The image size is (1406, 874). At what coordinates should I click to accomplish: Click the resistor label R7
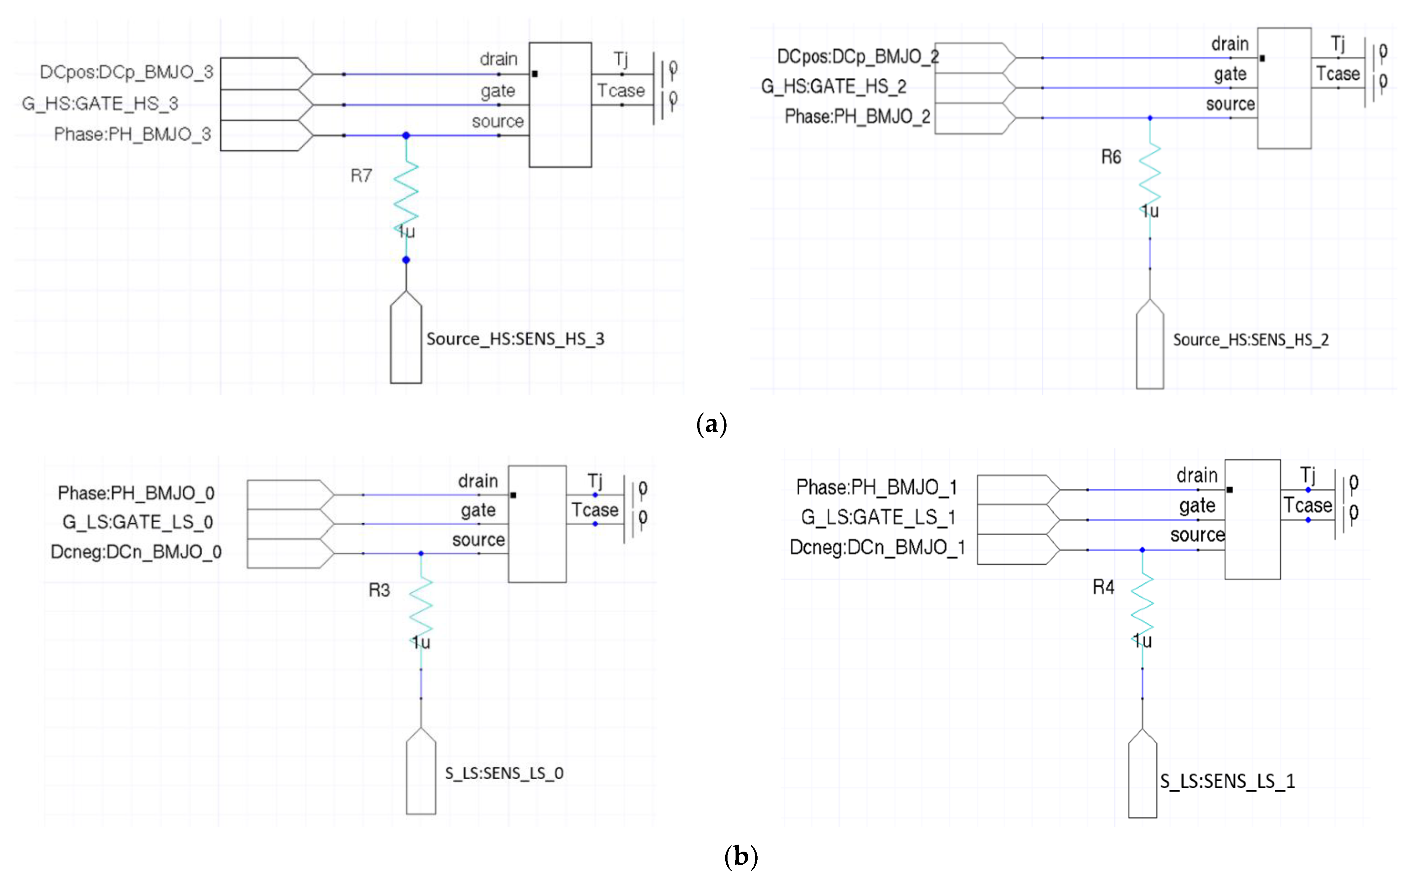point(361,176)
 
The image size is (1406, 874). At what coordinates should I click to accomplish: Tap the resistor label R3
point(379,590)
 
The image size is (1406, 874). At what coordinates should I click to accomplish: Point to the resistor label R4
point(1103,587)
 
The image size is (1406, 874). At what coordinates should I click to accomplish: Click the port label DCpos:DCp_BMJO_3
point(127,72)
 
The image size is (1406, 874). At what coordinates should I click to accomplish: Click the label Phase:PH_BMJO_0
point(136,493)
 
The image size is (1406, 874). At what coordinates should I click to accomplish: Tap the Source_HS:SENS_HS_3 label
point(515,339)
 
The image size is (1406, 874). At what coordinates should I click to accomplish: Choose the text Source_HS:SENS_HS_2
point(1250,340)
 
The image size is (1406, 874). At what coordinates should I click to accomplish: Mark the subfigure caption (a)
point(712,424)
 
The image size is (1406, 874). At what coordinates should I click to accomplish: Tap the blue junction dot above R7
point(406,135)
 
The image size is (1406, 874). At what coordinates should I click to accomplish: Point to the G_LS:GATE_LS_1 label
point(877,517)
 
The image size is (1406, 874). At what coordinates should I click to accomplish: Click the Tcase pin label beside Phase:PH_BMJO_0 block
point(595,510)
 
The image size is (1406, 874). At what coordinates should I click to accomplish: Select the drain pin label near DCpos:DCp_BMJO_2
point(1230,44)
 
